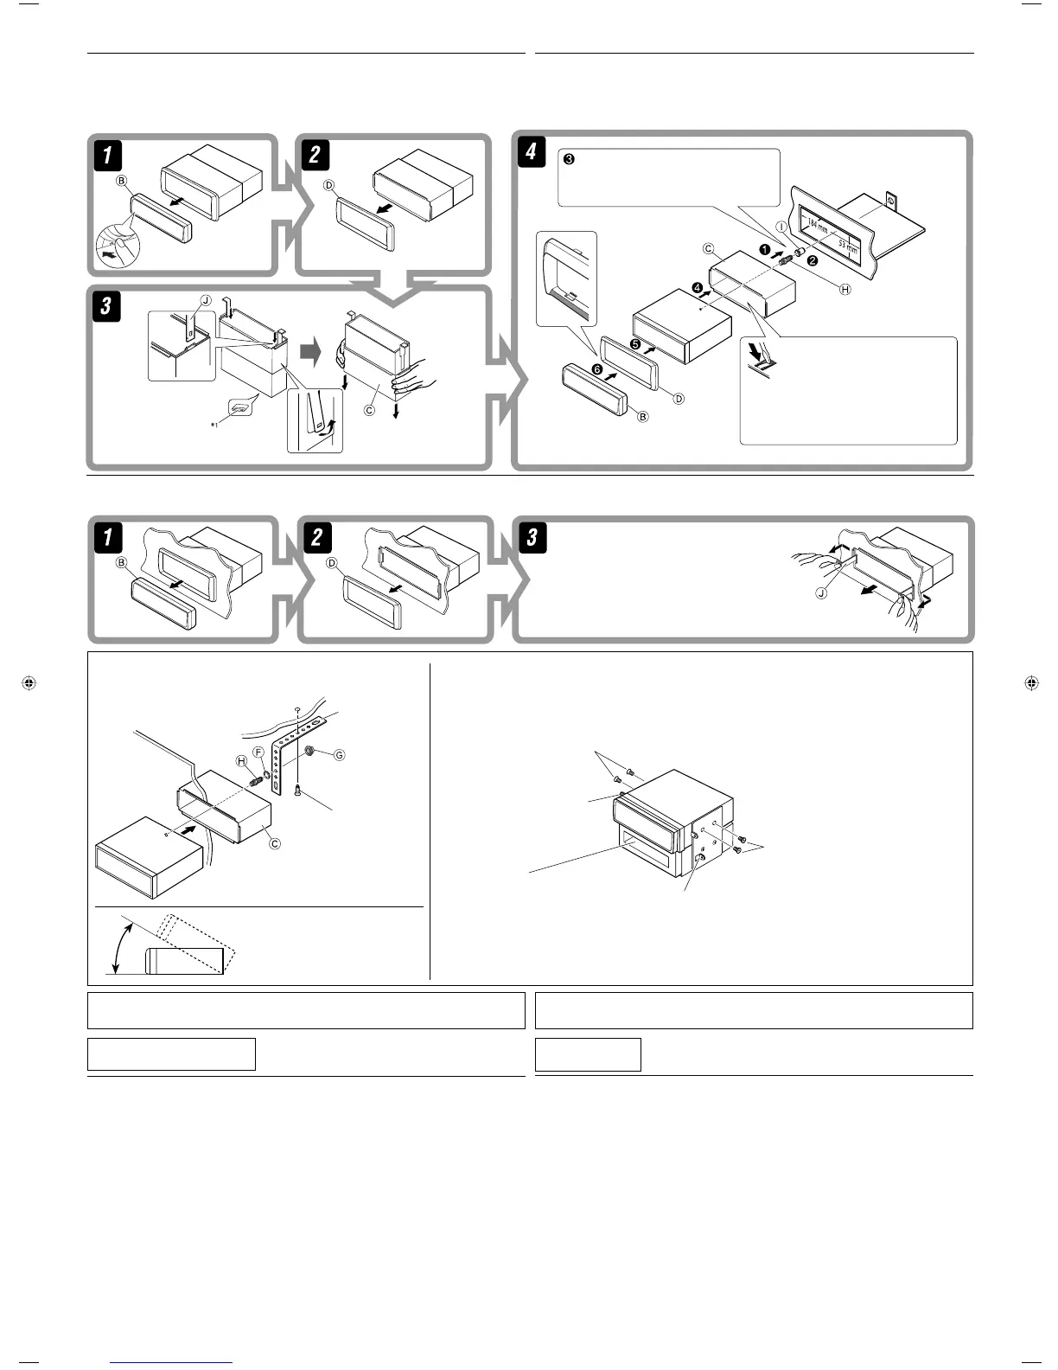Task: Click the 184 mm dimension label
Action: point(817,227)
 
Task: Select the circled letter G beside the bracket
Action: point(339,755)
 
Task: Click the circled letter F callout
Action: point(258,751)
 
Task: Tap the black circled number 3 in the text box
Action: point(569,159)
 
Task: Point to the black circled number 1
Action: point(764,249)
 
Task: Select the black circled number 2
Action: point(813,260)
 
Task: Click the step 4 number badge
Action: point(531,152)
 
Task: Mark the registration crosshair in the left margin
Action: point(29,683)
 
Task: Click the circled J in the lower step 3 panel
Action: point(822,592)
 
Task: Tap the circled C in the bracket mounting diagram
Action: point(275,843)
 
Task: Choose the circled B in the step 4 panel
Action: point(642,416)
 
